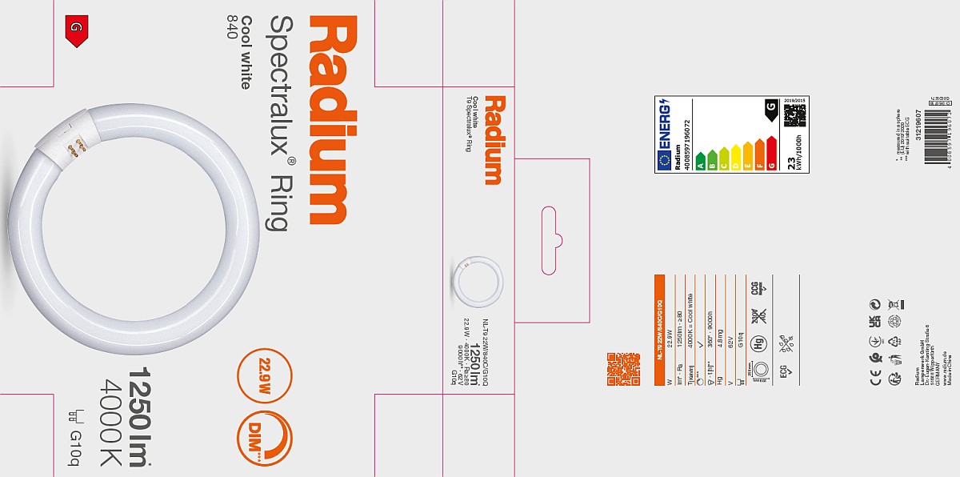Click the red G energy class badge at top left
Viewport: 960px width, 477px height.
(x=76, y=30)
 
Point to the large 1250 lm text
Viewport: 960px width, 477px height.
(x=141, y=417)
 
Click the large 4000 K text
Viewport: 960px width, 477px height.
(x=110, y=421)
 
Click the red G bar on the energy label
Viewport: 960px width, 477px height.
(x=771, y=154)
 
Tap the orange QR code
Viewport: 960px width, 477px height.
(x=623, y=369)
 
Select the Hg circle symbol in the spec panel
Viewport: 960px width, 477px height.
(x=757, y=344)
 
